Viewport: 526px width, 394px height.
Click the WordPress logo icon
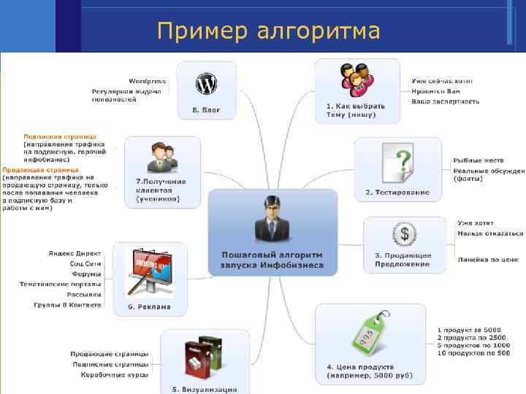(206, 85)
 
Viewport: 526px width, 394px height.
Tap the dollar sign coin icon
(403, 235)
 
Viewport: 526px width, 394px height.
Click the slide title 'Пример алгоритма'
(268, 32)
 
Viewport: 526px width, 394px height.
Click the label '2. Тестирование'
(397, 193)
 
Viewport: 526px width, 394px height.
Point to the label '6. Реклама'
(149, 306)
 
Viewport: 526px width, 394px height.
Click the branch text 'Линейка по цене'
(488, 259)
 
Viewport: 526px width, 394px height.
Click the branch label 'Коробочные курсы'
(115, 374)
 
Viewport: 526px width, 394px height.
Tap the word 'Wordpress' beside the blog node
(147, 81)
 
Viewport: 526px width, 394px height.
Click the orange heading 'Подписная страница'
(59, 136)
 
